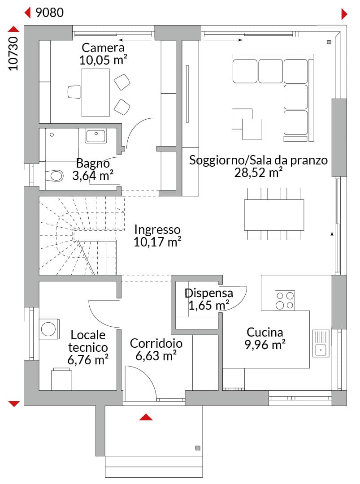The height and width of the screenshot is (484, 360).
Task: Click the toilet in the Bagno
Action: pos(54,176)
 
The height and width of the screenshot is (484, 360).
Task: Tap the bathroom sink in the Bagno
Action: pos(96,136)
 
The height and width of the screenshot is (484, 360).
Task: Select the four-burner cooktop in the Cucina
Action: pos(285,300)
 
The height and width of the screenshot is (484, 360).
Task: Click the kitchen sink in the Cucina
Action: pos(321,343)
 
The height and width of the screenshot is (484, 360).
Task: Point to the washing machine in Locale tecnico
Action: pos(48,329)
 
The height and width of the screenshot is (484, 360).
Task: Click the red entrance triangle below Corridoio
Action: pos(146,417)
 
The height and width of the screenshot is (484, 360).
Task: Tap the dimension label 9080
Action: pos(50,13)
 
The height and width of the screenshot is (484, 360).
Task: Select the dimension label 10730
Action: pos(13,54)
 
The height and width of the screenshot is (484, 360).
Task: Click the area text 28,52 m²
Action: pos(258,172)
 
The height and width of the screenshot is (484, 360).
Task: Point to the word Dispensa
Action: pos(209,293)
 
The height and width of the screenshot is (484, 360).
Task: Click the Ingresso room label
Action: pos(157,229)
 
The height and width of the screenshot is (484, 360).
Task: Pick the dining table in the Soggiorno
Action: pos(274,215)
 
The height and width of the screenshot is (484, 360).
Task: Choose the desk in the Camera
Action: pos(95,93)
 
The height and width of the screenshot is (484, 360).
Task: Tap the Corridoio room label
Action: pos(156,343)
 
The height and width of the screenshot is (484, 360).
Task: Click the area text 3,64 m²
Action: pos(93,176)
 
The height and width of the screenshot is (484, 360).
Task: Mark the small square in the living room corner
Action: pos(329,42)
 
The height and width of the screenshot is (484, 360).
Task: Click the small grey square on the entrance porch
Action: pos(198,448)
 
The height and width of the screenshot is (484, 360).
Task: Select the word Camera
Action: pos(103,48)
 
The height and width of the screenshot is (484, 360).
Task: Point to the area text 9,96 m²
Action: pos(265,345)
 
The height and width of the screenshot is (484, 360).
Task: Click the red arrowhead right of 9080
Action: pos(344,14)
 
